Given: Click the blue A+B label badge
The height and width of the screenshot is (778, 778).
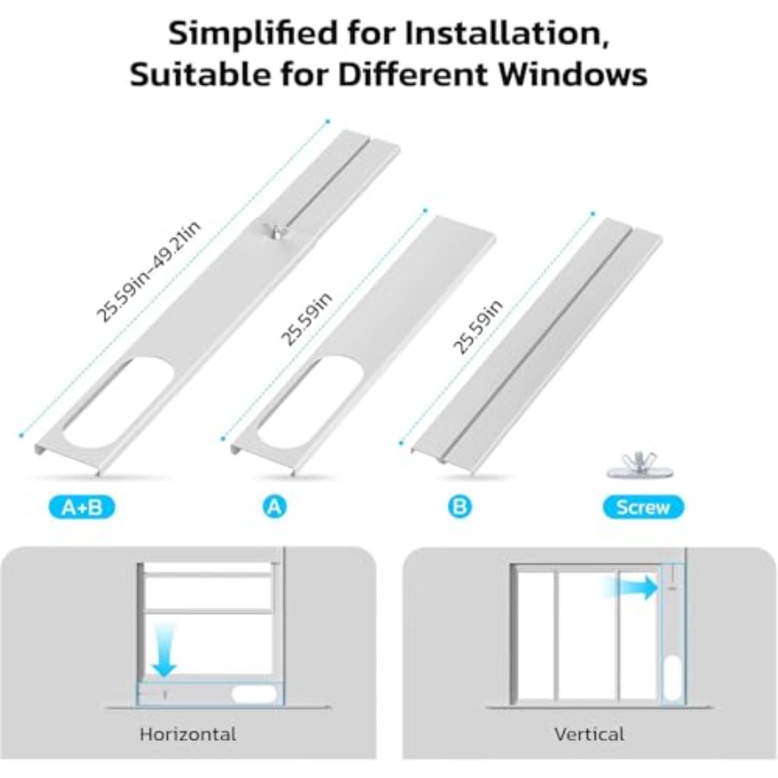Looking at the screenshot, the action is pyautogui.click(x=82, y=507).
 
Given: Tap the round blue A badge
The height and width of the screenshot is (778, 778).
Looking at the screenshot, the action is pyautogui.click(x=274, y=507).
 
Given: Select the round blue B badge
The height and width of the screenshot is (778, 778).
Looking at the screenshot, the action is pyautogui.click(x=460, y=507).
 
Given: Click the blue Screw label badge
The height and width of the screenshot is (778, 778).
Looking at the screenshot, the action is pyautogui.click(x=643, y=507).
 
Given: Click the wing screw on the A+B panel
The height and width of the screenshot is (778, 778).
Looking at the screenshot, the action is pyautogui.click(x=272, y=231).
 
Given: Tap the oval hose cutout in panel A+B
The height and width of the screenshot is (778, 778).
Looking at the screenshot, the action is pyautogui.click(x=118, y=404).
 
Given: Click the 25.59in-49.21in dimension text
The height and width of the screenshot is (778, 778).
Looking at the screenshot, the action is pyautogui.click(x=149, y=271).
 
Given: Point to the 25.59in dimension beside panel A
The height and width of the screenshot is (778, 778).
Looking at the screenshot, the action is pyautogui.click(x=307, y=318).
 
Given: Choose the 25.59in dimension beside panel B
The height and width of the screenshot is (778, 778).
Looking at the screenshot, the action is pyautogui.click(x=478, y=328).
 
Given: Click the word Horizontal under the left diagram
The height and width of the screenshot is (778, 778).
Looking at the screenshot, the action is pyautogui.click(x=188, y=734).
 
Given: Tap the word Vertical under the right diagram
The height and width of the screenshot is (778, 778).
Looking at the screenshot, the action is pyautogui.click(x=589, y=734).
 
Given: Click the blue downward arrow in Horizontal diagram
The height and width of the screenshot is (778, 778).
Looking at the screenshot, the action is pyautogui.click(x=164, y=650).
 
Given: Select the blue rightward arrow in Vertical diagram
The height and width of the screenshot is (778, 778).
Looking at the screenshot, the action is pyautogui.click(x=630, y=588).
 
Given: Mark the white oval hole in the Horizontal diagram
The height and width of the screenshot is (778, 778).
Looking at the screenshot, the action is pyautogui.click(x=254, y=694).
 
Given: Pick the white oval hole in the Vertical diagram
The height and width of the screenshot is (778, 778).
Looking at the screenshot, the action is pyautogui.click(x=673, y=677).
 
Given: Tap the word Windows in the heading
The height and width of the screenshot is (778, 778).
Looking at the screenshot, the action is pyautogui.click(x=572, y=74).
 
